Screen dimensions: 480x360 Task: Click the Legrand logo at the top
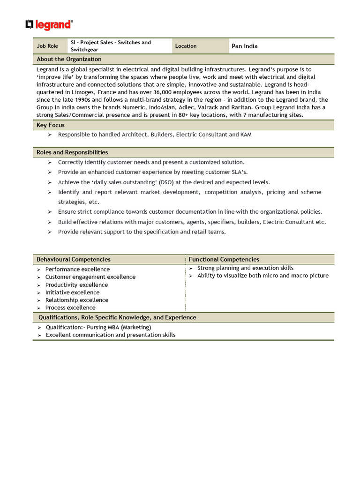click(x=49, y=25)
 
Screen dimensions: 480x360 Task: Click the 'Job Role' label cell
click(x=47, y=46)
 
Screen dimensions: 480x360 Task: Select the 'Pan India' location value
click(x=244, y=46)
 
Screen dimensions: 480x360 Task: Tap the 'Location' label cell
click(x=186, y=46)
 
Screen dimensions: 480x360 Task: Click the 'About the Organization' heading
click(x=69, y=59)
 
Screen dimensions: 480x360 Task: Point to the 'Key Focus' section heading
click(x=51, y=125)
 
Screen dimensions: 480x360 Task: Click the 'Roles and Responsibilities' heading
click(x=72, y=152)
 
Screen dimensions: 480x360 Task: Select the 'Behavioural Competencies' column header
click(x=74, y=259)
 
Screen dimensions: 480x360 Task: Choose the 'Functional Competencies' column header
click(x=224, y=259)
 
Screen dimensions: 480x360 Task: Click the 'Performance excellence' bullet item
click(x=77, y=270)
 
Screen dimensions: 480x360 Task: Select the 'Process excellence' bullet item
click(x=70, y=308)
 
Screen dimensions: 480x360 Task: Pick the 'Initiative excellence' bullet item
click(x=72, y=292)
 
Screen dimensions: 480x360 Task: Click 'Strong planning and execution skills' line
click(x=245, y=268)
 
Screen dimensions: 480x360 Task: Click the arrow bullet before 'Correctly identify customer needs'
click(x=50, y=162)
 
